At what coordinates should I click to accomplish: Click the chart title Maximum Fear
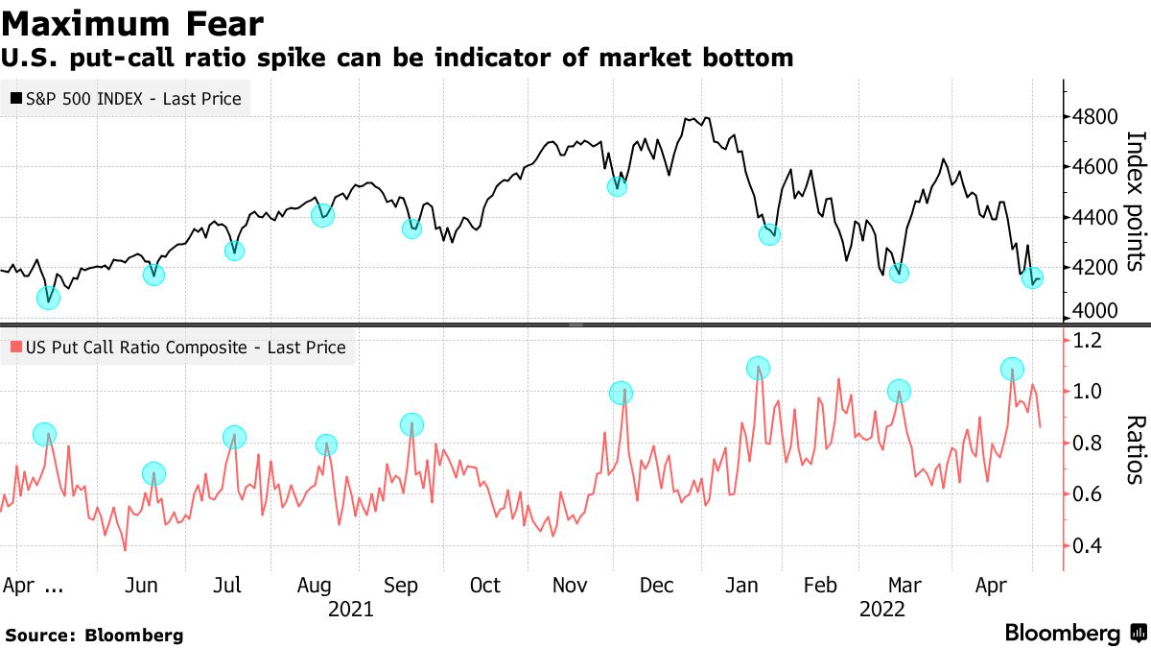(132, 22)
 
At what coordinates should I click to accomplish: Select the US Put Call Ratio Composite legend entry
(177, 348)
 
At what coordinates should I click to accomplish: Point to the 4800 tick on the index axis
(1094, 117)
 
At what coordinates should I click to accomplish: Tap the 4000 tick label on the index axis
(1094, 312)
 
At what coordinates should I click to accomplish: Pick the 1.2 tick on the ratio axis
(1089, 341)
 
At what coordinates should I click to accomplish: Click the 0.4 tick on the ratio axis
(1089, 546)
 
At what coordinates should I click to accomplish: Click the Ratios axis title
(1134, 449)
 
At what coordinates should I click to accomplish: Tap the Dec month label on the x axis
(657, 586)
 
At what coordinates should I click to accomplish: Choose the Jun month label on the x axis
(143, 586)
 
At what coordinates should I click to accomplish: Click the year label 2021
(350, 609)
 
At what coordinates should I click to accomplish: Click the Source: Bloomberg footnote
(94, 635)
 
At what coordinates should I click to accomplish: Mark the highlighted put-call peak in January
(758, 368)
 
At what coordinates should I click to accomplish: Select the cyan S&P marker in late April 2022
(1032, 279)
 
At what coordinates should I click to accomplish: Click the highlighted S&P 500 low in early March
(899, 273)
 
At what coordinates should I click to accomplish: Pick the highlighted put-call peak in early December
(622, 393)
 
